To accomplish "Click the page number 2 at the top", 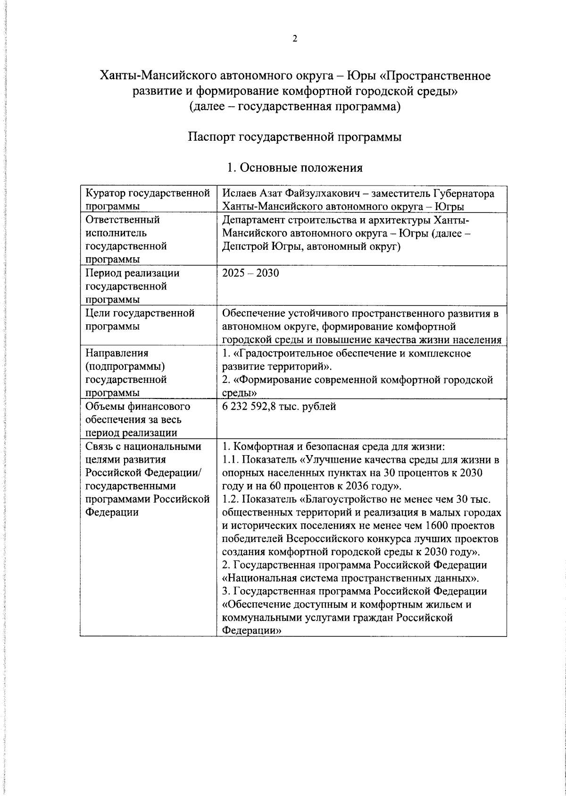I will [295, 39].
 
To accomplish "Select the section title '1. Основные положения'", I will [294, 168].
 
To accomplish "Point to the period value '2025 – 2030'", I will [250, 273].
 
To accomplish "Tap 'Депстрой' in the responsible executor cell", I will [243, 246].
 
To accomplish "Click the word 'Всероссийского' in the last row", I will [322, 539].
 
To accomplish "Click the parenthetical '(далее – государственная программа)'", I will [295, 107].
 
